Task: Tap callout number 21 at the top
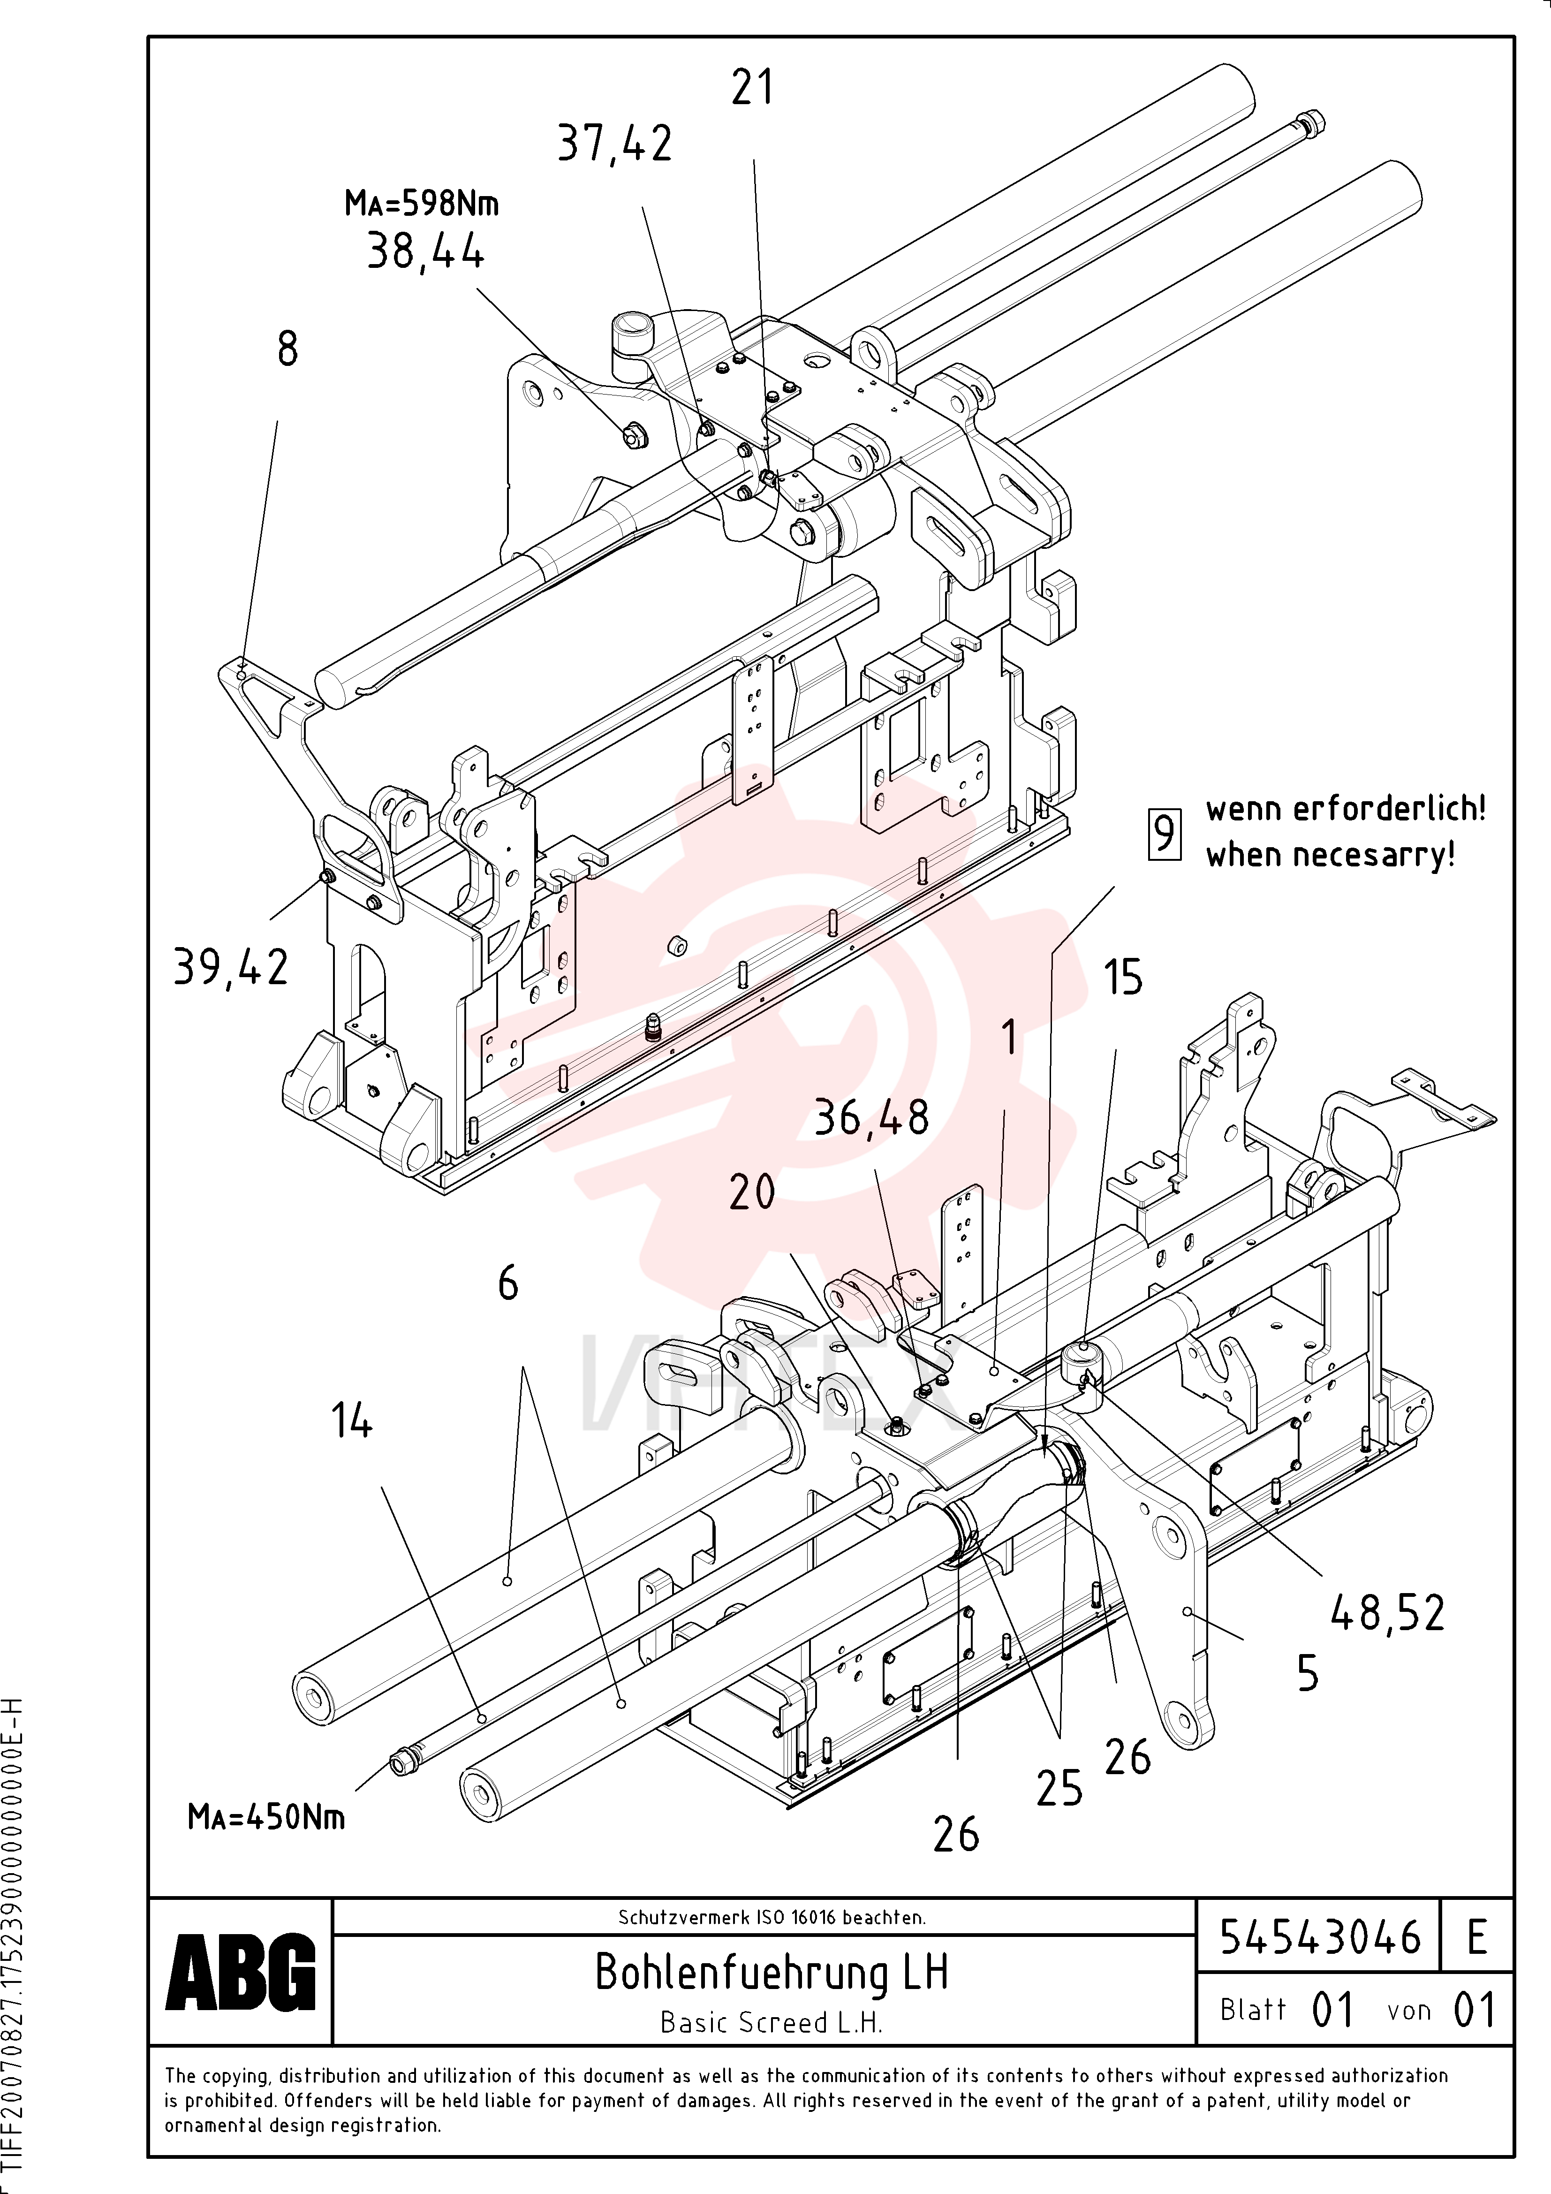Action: pos(752,88)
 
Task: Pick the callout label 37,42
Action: pos(614,144)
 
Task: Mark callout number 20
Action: pos(752,1192)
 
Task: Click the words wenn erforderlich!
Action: pos(1346,809)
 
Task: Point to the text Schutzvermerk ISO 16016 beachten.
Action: pos(771,1917)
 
